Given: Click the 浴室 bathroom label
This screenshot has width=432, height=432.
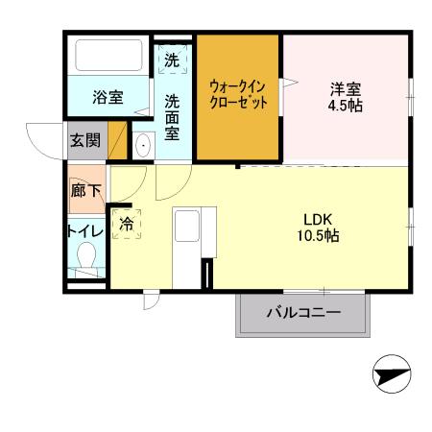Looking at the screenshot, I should (108, 97).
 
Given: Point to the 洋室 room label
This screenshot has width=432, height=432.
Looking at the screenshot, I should (346, 89).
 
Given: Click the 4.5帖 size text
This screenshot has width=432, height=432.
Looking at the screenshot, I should (346, 106).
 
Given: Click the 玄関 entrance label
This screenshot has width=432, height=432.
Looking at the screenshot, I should (84, 140).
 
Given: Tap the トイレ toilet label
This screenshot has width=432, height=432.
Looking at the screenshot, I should (84, 231).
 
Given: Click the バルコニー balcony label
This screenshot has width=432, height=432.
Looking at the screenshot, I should (302, 313).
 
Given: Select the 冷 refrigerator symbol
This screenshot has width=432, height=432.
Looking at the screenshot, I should (127, 224).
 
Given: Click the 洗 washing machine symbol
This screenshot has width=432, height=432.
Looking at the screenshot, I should (172, 60).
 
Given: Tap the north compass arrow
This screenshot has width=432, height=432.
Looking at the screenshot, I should (392, 375).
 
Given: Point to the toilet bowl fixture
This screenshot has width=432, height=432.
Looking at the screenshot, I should (87, 258).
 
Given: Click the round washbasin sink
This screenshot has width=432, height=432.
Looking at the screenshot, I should (143, 147).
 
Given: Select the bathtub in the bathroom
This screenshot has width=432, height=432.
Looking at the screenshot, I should (108, 54).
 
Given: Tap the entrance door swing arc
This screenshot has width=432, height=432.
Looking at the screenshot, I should (43, 144).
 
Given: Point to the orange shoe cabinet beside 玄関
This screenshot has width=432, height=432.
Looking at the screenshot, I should (117, 141).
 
